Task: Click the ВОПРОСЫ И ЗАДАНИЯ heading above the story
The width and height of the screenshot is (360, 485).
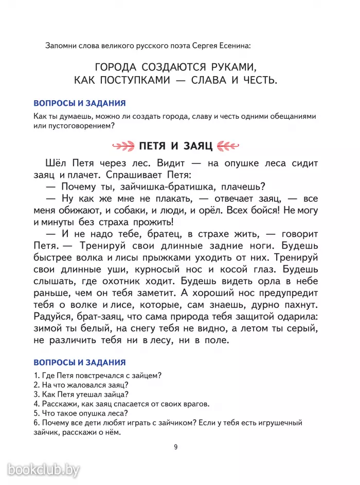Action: coord(79,103)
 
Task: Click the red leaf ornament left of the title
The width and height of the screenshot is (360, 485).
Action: coord(122,146)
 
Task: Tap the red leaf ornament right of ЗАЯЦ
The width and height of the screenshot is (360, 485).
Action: coord(228,146)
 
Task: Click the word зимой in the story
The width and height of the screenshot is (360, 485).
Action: coord(48,328)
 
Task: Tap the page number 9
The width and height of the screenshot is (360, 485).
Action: coord(176,447)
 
